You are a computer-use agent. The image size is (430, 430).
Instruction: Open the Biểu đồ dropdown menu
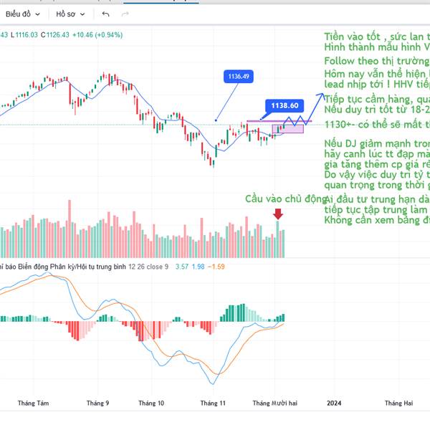(22, 14)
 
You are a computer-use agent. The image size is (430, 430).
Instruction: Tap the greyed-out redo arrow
(126, 14)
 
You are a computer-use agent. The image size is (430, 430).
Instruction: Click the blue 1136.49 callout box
(239, 76)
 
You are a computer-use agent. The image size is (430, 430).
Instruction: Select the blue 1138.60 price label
(285, 105)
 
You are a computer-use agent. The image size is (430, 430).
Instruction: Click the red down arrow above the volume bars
(278, 213)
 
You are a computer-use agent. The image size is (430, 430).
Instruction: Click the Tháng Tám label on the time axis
(34, 403)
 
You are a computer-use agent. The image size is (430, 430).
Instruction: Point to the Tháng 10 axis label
(151, 403)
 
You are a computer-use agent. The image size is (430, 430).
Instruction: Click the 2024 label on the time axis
(334, 403)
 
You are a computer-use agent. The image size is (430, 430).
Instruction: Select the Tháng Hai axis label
(398, 403)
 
